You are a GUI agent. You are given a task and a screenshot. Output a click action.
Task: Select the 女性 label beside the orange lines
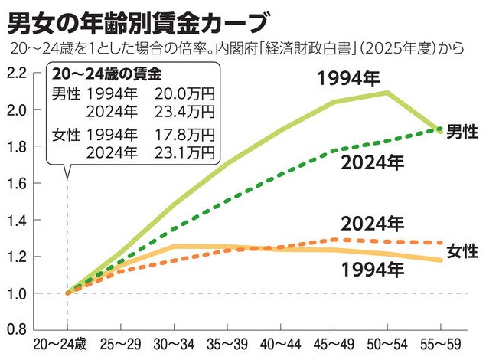point(463,250)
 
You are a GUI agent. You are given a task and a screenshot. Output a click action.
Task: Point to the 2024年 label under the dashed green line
point(372,162)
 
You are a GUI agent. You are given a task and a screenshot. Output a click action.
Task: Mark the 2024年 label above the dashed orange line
point(372,224)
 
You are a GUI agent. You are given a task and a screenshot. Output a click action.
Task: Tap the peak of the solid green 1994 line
point(388,93)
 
